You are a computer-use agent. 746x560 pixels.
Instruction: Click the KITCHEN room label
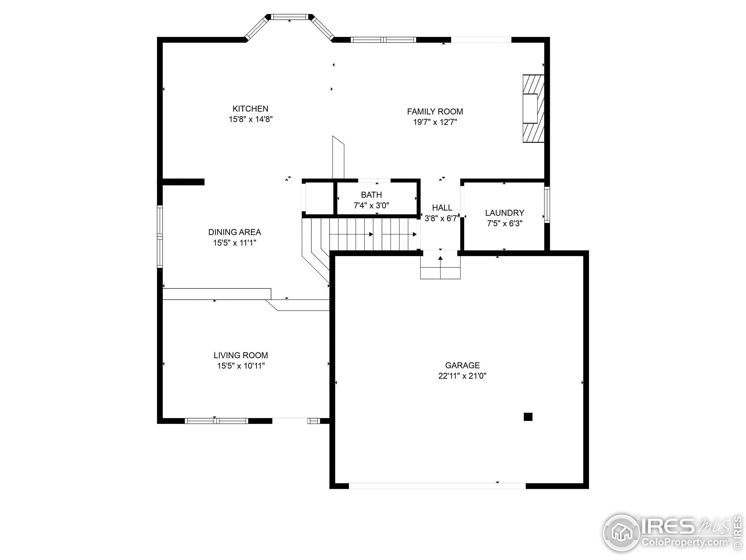click(x=250, y=109)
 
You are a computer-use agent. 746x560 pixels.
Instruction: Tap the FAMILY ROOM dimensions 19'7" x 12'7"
click(x=435, y=122)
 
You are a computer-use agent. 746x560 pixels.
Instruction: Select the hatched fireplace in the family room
click(x=534, y=108)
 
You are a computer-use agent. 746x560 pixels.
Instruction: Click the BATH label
click(x=371, y=195)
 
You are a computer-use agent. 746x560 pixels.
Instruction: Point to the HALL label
click(x=442, y=208)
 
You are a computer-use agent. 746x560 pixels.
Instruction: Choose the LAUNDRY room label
click(x=504, y=213)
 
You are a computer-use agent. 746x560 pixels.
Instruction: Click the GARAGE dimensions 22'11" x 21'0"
click(x=462, y=376)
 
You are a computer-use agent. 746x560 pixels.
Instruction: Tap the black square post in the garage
click(x=528, y=417)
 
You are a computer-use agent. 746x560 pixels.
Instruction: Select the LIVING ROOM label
click(x=241, y=355)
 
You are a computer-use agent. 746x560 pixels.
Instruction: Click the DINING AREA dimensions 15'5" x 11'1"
click(x=235, y=243)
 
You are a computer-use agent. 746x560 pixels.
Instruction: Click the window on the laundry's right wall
click(x=547, y=204)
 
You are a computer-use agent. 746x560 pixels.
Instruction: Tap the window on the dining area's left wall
click(x=160, y=236)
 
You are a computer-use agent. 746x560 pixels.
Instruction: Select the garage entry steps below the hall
click(x=440, y=268)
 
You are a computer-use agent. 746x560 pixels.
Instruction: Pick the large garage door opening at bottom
click(x=437, y=486)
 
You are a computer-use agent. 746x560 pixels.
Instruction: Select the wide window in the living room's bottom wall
click(x=216, y=421)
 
